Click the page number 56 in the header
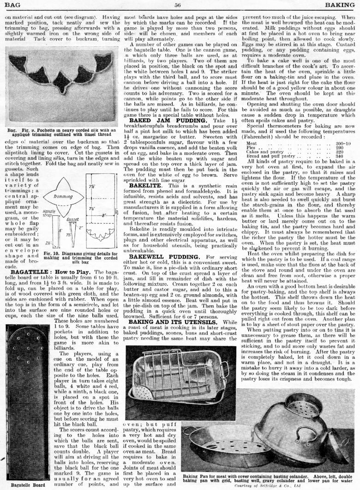pos(177,5)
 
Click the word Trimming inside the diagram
pos(63,197)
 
